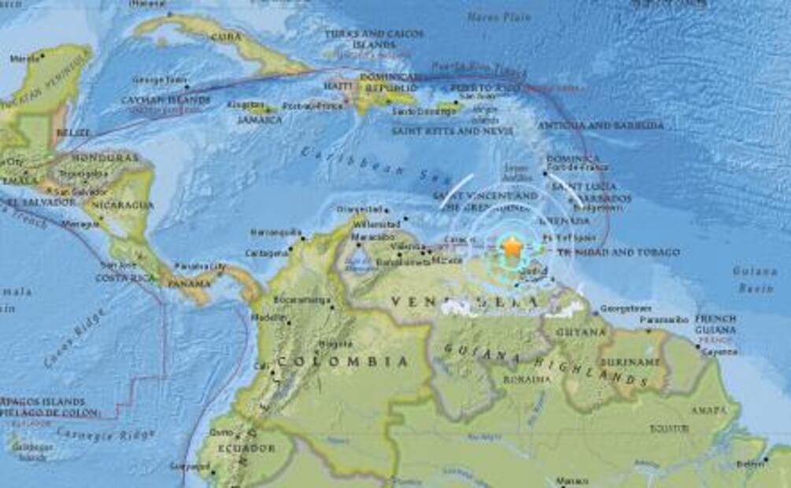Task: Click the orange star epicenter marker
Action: (x=512, y=248)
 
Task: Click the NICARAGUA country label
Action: (x=122, y=205)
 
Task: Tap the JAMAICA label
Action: (x=260, y=120)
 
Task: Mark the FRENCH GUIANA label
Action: (x=715, y=324)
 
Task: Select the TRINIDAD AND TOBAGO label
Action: (x=618, y=252)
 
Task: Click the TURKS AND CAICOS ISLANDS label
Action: (x=374, y=39)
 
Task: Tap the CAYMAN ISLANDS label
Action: (x=165, y=100)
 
